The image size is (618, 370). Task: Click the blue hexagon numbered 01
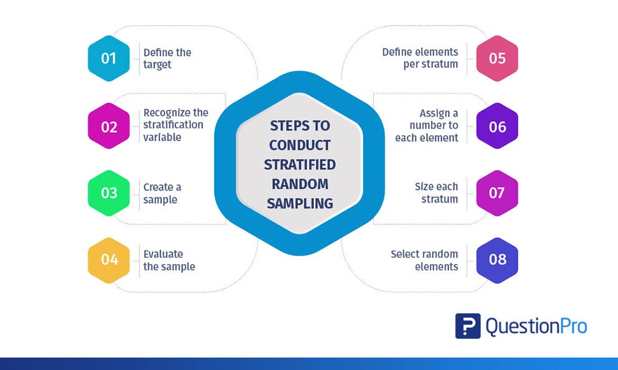point(109,59)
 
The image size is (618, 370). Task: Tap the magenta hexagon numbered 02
point(109,126)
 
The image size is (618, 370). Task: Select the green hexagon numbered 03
point(109,193)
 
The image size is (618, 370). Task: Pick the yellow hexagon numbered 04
point(109,260)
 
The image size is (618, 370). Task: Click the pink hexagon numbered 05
point(497,59)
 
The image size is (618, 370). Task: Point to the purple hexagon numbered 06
point(497,126)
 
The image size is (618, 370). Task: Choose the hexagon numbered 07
point(497,193)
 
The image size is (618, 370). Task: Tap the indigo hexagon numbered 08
point(497,260)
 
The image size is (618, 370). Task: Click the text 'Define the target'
point(167,59)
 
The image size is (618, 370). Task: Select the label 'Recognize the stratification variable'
point(176,125)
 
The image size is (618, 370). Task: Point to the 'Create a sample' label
point(162,193)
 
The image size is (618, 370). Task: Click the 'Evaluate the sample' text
point(169,260)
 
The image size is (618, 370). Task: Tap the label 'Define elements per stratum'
point(420,58)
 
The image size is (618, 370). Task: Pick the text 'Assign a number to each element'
point(427,125)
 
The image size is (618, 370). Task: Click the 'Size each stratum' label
point(436,193)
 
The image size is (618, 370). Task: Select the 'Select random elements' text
point(424,260)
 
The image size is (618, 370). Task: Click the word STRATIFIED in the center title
point(300,165)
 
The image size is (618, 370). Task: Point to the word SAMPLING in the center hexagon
point(300,204)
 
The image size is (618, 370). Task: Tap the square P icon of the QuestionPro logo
point(468,326)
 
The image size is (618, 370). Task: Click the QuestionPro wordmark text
point(536,326)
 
